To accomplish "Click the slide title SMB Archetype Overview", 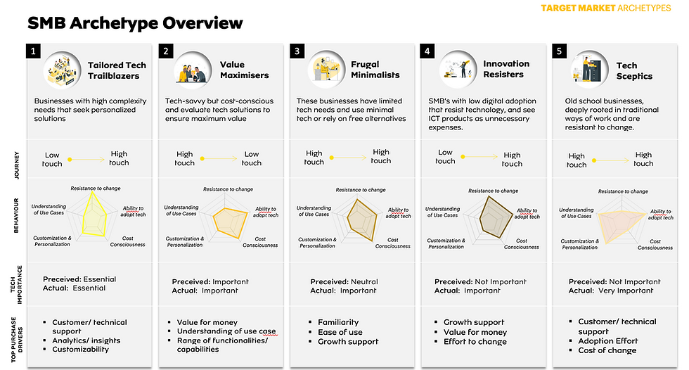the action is [135, 23].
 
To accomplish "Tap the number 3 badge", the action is [297, 51].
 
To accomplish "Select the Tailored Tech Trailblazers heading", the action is [117, 70].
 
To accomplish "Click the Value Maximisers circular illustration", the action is [193, 70].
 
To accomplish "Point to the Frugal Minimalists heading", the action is [375, 70].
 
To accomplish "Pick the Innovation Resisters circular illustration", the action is [458, 69].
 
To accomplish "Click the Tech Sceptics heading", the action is [634, 71].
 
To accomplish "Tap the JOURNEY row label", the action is [17, 165].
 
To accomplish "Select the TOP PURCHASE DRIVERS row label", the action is [17, 339].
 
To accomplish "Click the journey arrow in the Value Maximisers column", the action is [219, 159].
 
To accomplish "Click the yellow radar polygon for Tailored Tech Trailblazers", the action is [94, 214].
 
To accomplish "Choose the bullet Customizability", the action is [80, 350].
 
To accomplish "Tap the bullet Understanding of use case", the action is [226, 331].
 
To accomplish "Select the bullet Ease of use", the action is [340, 332].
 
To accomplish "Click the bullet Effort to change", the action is [475, 341].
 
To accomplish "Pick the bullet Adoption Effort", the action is [607, 341].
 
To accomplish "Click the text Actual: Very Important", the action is [611, 291].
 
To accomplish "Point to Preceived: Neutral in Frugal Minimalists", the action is [344, 281].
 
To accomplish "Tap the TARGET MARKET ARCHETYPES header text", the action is [606, 8].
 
